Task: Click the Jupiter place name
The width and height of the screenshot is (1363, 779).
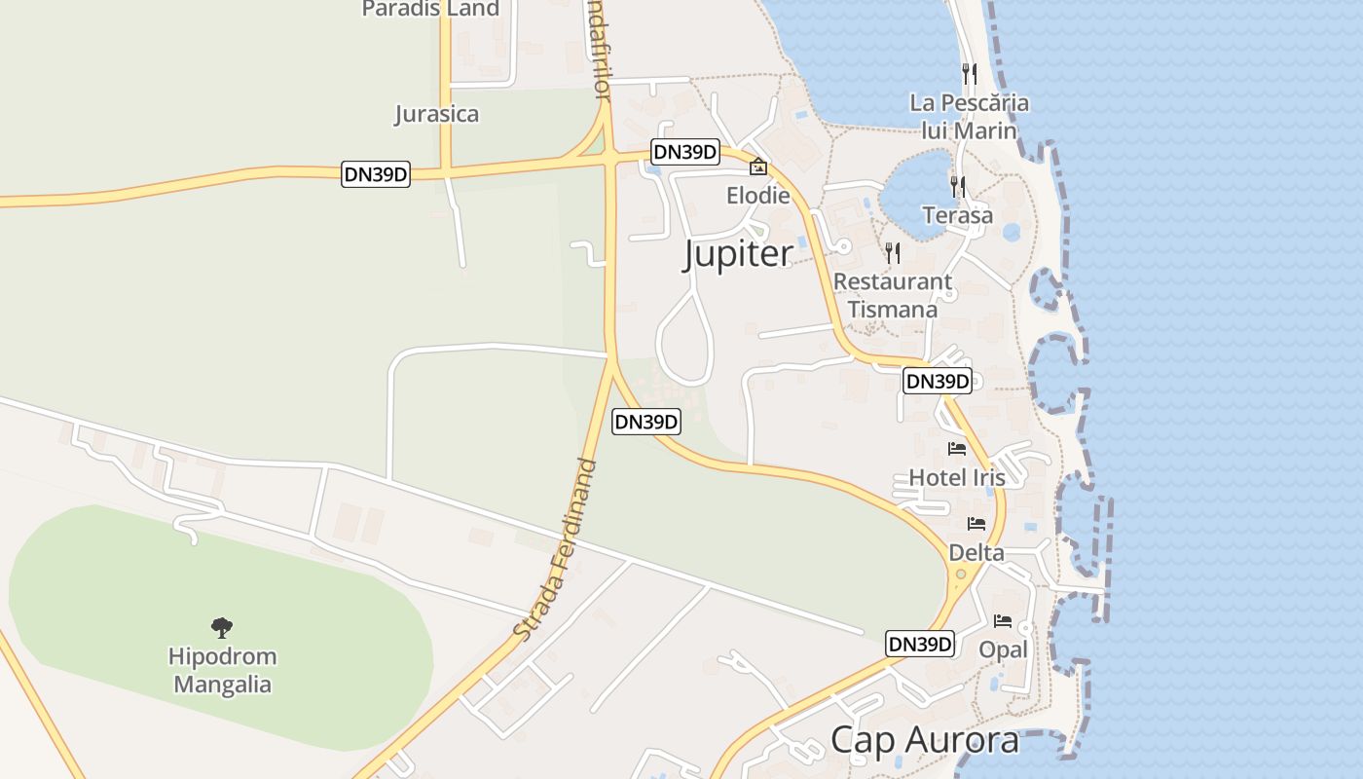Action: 738,254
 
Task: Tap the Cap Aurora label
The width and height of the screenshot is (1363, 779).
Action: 924,740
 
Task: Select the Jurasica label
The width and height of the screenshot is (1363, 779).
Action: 436,114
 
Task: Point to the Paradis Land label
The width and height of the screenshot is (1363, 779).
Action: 430,9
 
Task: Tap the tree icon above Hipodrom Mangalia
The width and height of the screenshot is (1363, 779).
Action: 222,627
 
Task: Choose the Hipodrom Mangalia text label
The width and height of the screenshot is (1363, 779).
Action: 222,670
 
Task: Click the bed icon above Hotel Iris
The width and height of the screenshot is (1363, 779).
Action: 957,449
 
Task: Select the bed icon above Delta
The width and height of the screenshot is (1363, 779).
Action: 976,524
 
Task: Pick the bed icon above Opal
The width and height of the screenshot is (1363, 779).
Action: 1003,620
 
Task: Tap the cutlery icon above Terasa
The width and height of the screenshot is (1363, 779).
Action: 958,186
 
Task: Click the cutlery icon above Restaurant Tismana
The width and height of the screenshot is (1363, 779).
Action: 893,253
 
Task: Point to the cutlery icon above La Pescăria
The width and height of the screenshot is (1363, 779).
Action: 969,73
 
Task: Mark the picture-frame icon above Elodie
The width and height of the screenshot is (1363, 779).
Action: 758,167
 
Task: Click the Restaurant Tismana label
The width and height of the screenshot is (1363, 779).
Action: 892,295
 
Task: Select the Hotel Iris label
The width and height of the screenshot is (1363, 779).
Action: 957,477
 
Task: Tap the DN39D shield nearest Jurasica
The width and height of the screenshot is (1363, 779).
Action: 376,174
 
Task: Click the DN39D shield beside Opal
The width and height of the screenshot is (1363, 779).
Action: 919,644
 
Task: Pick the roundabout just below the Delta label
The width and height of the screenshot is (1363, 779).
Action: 962,575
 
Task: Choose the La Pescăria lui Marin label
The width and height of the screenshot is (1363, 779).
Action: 969,116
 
